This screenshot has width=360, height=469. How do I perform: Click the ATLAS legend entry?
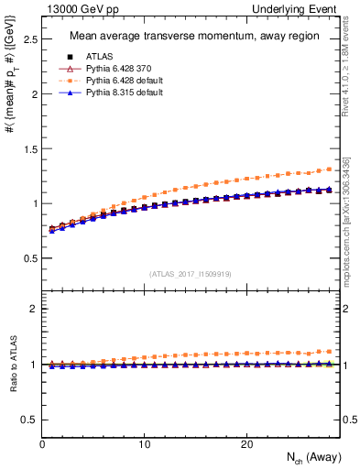click(x=99, y=58)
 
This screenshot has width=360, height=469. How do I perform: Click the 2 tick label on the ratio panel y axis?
click(x=32, y=309)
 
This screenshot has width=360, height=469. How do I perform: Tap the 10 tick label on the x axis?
click(x=144, y=444)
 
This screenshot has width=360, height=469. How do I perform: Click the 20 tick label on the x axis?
click(x=246, y=444)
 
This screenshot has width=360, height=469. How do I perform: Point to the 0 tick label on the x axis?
click(x=42, y=444)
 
